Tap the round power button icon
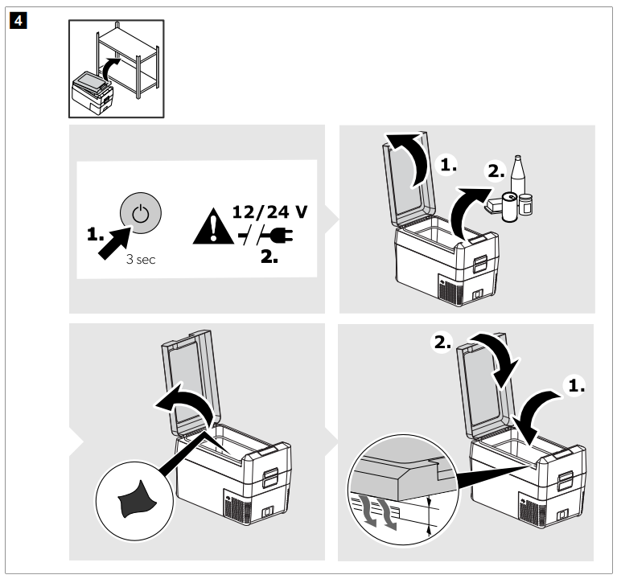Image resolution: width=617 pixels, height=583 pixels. [141, 213]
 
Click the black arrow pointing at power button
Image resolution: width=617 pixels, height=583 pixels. [116, 241]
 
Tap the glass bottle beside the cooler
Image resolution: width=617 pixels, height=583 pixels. [518, 184]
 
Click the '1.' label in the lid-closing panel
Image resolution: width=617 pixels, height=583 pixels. [576, 385]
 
